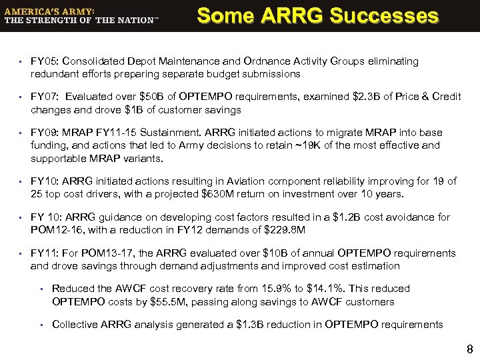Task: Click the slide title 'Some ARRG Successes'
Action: (x=318, y=15)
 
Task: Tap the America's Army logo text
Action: (x=81, y=15)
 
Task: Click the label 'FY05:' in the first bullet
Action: (x=45, y=61)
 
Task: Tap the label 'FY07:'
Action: (x=45, y=97)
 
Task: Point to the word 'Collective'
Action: (x=74, y=325)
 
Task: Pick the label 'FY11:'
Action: (x=44, y=253)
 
